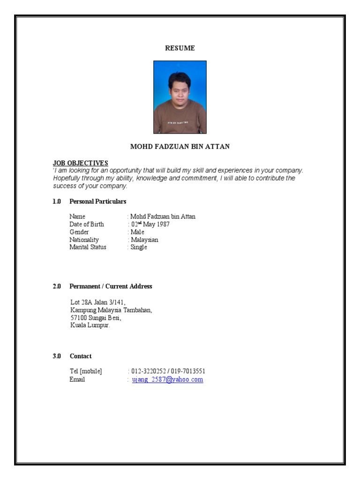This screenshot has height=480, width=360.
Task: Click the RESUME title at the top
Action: click(180, 48)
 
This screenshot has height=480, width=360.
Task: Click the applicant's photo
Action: click(180, 97)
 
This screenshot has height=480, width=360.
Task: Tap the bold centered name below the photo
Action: click(180, 147)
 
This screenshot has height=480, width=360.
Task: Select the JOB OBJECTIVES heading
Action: click(81, 163)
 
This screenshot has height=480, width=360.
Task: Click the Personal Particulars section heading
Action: click(98, 201)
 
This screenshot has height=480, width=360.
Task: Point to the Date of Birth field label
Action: click(87, 224)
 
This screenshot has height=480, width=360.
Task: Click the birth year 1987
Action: click(163, 224)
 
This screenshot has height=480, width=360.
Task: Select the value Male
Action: click(138, 232)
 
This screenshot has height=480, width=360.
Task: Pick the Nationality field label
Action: click(84, 240)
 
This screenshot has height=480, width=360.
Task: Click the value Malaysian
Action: click(144, 240)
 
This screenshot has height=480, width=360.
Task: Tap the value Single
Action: click(139, 247)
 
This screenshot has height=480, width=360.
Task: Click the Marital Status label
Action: click(88, 247)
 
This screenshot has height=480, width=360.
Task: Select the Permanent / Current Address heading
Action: click(111, 286)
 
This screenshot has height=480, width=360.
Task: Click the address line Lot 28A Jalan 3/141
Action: click(98, 302)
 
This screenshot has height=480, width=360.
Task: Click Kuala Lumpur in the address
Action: click(90, 325)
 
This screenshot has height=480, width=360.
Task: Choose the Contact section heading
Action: click(81, 356)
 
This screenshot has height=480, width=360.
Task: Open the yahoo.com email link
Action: click(167, 379)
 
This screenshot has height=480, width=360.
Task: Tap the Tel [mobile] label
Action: click(86, 371)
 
